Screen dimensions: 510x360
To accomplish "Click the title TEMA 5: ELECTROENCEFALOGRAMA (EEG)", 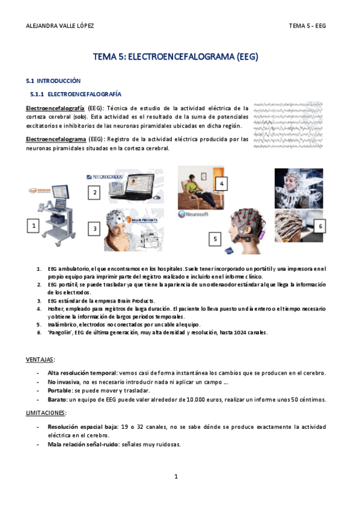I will click(175, 57).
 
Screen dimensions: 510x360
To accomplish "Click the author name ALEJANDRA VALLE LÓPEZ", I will click(61, 26).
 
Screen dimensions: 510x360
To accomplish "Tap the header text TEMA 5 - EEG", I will click(307, 26).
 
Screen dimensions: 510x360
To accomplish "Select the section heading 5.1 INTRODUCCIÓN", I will click(53, 81).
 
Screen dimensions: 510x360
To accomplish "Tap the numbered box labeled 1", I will click(35, 226).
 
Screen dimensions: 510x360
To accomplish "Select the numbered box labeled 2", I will click(94, 192).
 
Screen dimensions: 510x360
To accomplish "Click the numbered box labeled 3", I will click(94, 229).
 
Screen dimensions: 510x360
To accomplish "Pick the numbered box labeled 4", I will click(222, 183).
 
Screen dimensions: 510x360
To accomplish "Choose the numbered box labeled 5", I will click(215, 239).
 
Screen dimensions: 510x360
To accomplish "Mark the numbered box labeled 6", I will click(320, 226).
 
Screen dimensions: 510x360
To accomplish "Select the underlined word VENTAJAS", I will click(40, 360).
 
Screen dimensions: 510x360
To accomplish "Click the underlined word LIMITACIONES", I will click(46, 413).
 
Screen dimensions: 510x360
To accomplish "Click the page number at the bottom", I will click(176, 476).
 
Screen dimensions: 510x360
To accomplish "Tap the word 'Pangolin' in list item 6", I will click(62, 332).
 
